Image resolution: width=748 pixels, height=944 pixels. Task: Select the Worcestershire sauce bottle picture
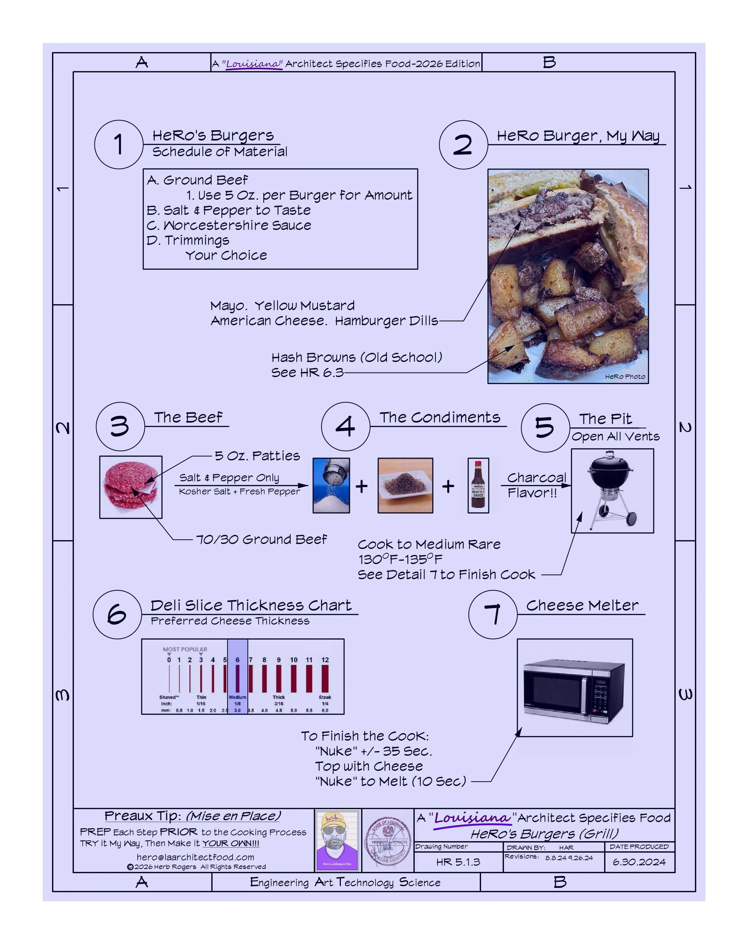[478, 485]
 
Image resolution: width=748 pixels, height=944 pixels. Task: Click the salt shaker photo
[331, 485]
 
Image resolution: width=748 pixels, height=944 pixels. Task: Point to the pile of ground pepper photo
[405, 485]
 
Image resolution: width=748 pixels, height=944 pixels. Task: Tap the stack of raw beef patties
[131, 487]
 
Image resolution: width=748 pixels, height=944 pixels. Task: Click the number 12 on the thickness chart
[325, 660]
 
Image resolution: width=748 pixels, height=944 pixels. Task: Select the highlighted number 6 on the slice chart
[238, 660]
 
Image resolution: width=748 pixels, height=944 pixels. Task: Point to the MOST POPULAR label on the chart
[185, 649]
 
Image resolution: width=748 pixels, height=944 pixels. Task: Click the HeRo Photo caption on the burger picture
[625, 376]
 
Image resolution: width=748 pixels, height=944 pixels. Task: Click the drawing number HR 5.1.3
[458, 862]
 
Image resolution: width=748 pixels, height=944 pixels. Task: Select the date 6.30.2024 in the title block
[639, 862]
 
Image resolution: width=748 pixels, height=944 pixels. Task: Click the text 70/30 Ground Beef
[261, 539]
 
